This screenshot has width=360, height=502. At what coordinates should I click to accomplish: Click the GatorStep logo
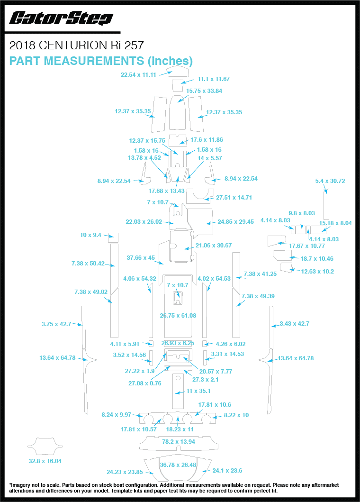point(61,18)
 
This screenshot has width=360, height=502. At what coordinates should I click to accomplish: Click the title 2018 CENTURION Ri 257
point(76,46)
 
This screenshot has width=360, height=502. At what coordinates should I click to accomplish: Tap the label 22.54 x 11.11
point(138,74)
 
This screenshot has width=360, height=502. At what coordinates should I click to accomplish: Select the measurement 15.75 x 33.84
point(204,91)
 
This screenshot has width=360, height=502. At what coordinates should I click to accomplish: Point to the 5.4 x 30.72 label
point(330,181)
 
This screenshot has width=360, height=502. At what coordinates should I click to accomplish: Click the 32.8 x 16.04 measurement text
point(45,461)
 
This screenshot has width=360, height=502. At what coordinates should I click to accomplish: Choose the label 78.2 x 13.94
point(179,441)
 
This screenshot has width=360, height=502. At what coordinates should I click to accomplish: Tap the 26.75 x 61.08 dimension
point(178,315)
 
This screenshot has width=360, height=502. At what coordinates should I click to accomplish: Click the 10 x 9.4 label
point(90,235)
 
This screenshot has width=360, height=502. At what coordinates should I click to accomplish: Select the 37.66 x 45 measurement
point(141,258)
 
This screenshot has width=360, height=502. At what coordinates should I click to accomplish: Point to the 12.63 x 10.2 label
point(317,272)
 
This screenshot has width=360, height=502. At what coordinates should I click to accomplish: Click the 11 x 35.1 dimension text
point(198,391)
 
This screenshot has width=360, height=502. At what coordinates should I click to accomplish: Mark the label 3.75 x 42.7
point(56,324)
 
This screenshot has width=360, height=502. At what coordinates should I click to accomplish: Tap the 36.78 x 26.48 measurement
point(178,465)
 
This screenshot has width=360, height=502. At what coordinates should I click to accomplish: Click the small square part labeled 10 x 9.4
point(113,237)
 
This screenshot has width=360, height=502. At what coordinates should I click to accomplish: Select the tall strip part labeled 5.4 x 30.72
point(326,204)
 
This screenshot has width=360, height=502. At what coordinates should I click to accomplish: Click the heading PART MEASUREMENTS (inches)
point(101,61)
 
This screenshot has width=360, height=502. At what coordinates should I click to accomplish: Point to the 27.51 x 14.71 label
point(234,198)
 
